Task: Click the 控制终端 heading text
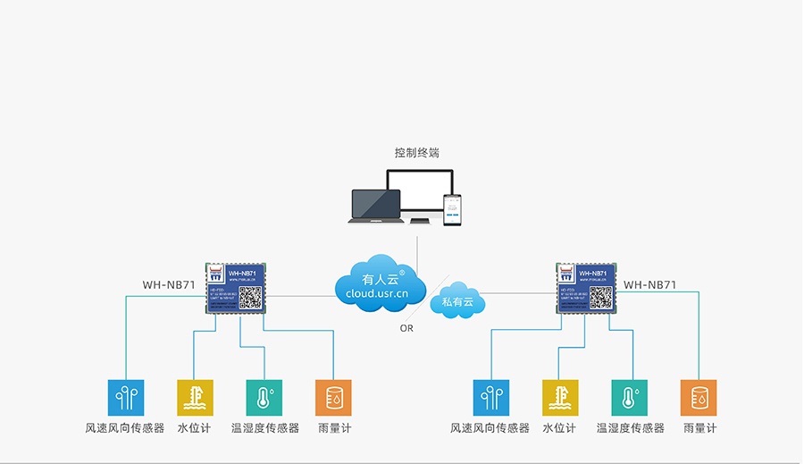click(x=417, y=153)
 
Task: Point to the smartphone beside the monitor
click(x=452, y=210)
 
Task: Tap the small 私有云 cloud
click(x=457, y=302)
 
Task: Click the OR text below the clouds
click(x=406, y=328)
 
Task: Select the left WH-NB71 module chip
click(x=238, y=288)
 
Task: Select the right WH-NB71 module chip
click(x=587, y=288)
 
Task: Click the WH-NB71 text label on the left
click(x=169, y=285)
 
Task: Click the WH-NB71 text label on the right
click(x=649, y=285)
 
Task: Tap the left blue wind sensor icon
click(x=125, y=398)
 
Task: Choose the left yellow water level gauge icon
click(x=195, y=398)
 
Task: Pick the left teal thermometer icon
click(x=264, y=398)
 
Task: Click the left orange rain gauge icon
click(x=333, y=398)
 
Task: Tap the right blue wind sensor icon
click(x=490, y=398)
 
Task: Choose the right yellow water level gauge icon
click(x=560, y=398)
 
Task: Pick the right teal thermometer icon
click(x=630, y=398)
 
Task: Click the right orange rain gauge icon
click(x=699, y=398)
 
